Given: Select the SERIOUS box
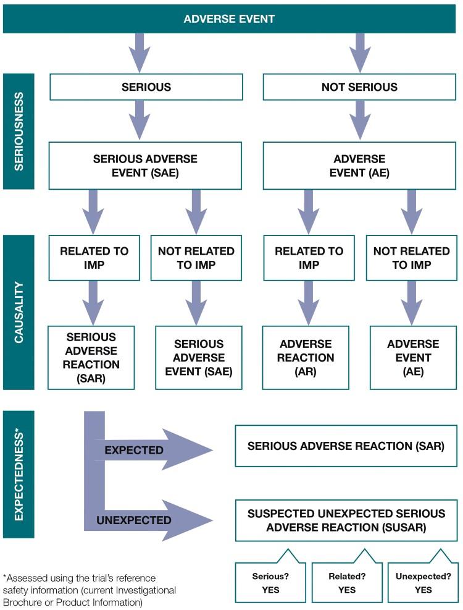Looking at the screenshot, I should coord(146,87).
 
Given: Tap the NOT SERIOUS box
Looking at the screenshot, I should coord(360,87).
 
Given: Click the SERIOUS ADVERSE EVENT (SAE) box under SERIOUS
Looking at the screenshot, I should coord(146,166).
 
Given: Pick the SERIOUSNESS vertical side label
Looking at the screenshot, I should coord(19,132).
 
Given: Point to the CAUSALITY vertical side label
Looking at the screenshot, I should coord(19,312).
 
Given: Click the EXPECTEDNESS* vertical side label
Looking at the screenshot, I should coord(19,473).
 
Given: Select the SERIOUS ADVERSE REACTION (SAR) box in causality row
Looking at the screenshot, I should coord(91,357).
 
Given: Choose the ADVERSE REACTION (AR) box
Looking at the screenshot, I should coord(306,357).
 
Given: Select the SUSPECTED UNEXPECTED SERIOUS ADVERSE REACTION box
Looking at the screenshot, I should coord(346,520).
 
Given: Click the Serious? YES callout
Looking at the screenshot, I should coord(270,583).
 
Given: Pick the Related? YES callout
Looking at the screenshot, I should coord(346,583).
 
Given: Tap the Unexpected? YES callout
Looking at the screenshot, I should coord(423,583).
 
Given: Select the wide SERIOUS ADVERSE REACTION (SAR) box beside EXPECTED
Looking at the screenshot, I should coord(346,446).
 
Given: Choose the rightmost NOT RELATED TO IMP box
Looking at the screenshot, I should coord(412,257).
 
